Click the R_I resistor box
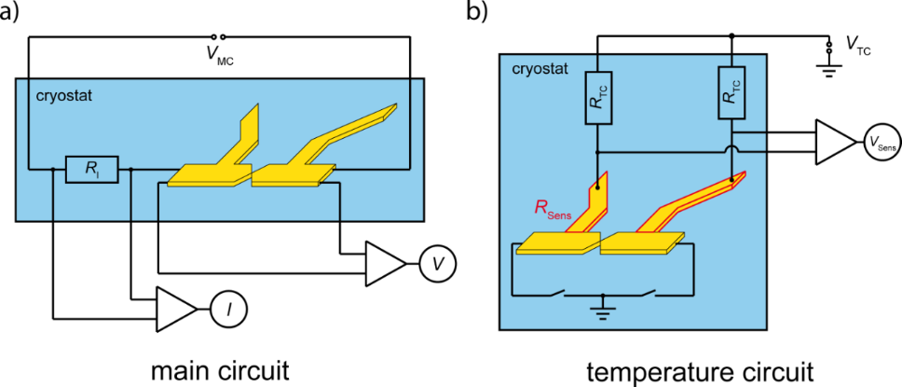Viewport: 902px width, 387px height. coord(91,170)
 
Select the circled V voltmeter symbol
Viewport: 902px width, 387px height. coord(436,265)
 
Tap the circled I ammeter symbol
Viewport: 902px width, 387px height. coord(225,307)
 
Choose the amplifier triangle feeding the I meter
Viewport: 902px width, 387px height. coord(174,307)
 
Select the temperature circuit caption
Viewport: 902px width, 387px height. coord(700,371)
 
